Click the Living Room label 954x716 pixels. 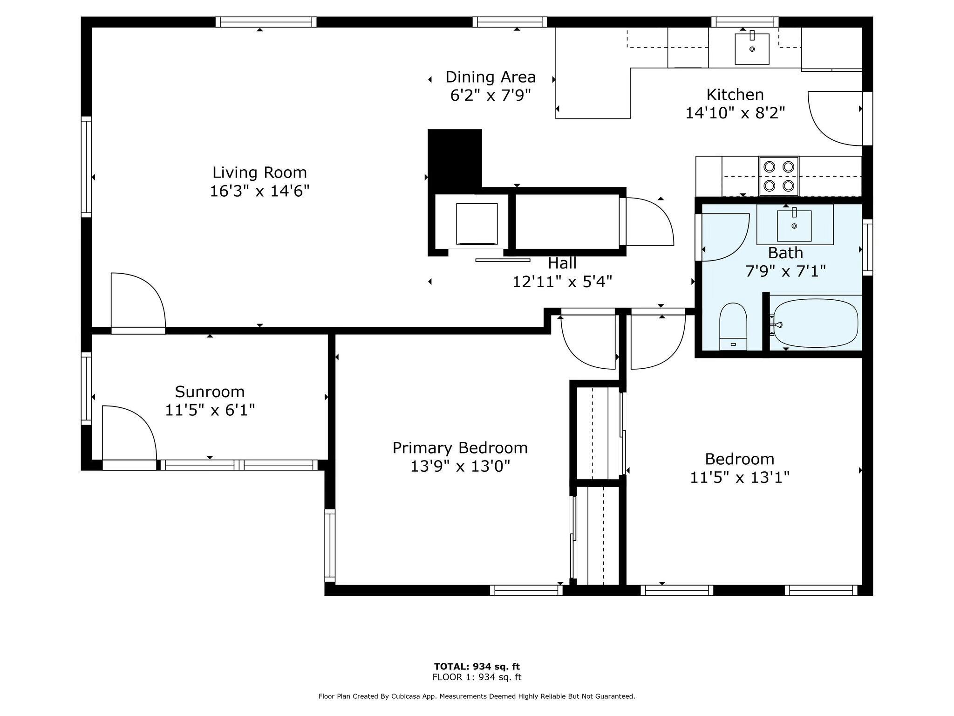(259, 172)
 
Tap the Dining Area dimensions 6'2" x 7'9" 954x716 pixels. (491, 96)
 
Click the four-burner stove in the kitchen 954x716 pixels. (779, 176)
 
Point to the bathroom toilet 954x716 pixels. (733, 326)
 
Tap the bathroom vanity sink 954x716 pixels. (794, 226)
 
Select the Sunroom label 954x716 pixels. (210, 392)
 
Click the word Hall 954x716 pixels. (562, 263)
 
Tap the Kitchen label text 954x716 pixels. (735, 95)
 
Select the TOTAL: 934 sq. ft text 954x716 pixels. (477, 667)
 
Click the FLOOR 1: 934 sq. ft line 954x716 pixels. (477, 677)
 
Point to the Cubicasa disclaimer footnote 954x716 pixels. (477, 696)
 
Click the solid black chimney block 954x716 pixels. (455, 158)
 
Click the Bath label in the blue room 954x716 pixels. (785, 253)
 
